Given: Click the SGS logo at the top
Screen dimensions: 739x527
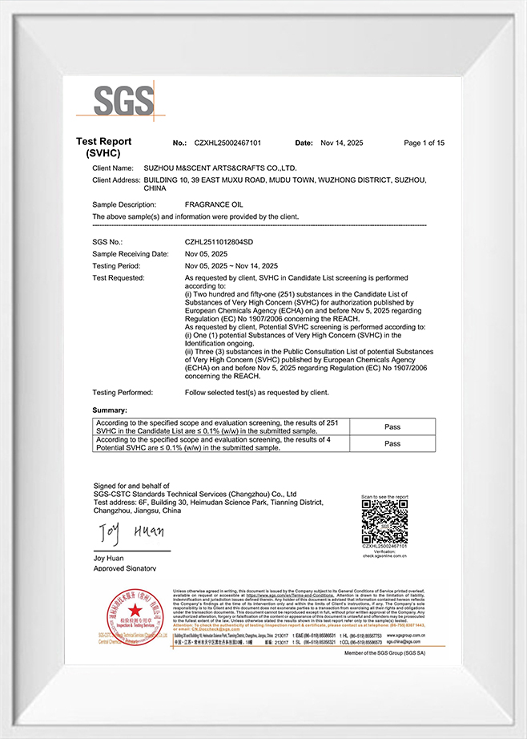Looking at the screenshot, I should (123, 100).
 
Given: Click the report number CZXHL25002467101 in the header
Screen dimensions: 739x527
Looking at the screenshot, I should (227, 143).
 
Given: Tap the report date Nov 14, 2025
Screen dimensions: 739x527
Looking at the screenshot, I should (341, 143).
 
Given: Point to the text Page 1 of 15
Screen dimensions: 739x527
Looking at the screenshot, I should (424, 143).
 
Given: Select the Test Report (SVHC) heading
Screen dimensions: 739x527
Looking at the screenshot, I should (103, 147).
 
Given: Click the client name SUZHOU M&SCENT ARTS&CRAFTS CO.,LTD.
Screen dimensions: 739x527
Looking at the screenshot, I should (219, 168).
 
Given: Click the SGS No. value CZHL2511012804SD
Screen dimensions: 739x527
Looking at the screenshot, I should (219, 241).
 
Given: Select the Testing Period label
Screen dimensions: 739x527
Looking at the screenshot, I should (116, 265).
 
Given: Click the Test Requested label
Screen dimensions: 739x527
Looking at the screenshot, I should (118, 277).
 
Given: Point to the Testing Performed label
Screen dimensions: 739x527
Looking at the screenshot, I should (122, 392).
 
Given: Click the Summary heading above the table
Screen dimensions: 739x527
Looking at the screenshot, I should (110, 410).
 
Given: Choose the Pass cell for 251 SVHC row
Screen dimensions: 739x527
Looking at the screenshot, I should (392, 427).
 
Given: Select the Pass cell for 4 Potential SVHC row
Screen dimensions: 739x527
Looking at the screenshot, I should (392, 443).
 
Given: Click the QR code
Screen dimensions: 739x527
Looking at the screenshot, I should (384, 523).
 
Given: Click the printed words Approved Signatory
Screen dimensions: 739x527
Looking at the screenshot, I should (125, 568).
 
